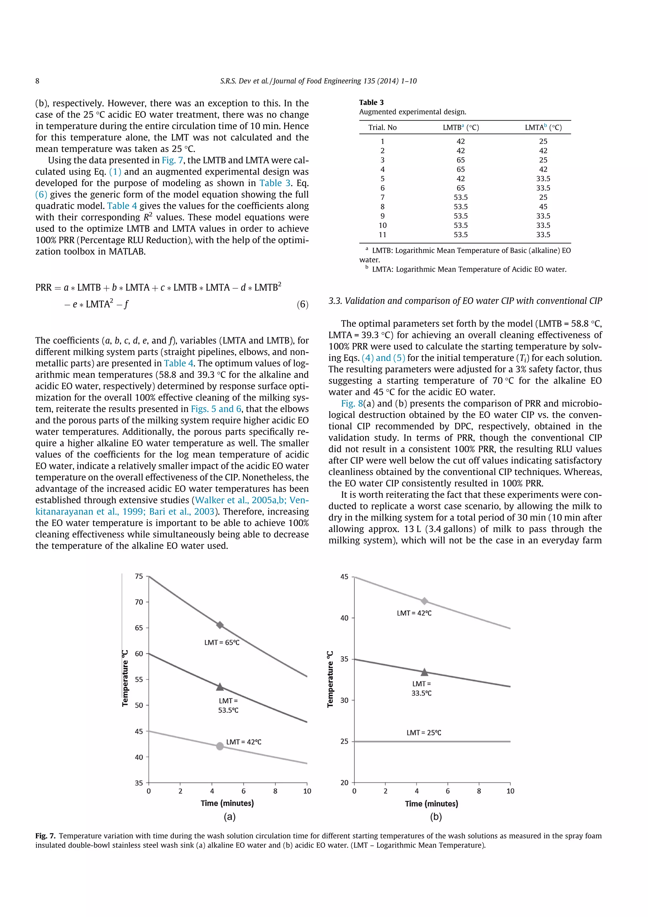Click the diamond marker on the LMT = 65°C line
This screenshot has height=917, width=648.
(x=220, y=625)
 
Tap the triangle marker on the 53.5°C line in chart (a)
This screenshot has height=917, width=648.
(x=220, y=687)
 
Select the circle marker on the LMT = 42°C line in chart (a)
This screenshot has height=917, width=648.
(x=220, y=746)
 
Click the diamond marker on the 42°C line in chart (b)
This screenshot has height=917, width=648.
(x=425, y=601)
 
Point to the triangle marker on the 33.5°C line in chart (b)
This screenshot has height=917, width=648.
(x=425, y=672)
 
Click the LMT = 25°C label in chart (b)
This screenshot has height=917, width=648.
(x=424, y=732)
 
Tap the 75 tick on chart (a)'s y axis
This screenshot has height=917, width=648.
(x=139, y=576)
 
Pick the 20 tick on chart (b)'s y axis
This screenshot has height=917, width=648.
(x=344, y=782)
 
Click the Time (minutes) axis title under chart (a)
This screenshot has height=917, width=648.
(x=227, y=803)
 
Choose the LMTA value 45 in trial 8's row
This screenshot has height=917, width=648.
(x=543, y=206)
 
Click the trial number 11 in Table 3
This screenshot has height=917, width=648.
(x=382, y=234)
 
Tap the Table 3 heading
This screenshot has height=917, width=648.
(x=371, y=102)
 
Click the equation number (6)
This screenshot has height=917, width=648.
(x=302, y=304)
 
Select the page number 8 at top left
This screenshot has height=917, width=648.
(x=38, y=81)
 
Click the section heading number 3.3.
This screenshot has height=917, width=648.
(x=335, y=301)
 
